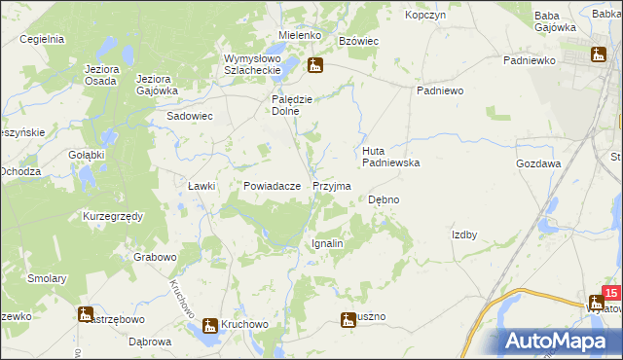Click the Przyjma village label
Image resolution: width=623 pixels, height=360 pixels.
pos(332,185)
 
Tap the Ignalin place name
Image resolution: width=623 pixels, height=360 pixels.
pos(326,243)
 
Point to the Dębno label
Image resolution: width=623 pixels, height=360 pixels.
pos(384,199)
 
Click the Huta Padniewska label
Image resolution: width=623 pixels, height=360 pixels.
pos(390,157)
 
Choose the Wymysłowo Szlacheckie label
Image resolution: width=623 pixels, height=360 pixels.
pos(252,62)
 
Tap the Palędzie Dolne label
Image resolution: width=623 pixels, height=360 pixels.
pos(291,104)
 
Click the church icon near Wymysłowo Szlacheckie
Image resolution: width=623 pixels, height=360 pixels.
pos(314,66)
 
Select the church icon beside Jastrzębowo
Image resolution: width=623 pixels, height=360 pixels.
pos(85,313)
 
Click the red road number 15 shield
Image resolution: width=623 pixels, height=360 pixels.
pos(610,292)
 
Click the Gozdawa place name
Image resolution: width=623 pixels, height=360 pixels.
pos(538,164)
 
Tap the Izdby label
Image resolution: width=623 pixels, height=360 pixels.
pos(463,234)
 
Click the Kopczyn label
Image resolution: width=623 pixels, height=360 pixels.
pos(425,16)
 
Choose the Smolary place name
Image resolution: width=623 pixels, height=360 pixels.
pos(47,278)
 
